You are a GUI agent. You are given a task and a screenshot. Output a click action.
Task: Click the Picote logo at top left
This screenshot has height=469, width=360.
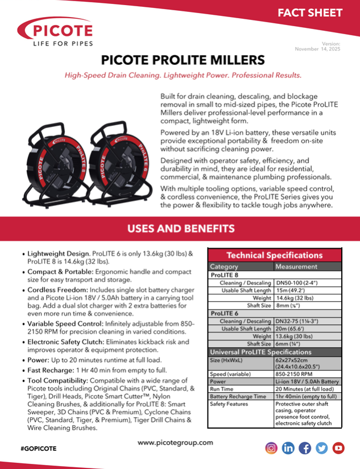coord(55,31)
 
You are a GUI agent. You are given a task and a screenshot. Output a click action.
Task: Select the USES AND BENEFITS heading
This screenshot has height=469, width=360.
coord(180,229)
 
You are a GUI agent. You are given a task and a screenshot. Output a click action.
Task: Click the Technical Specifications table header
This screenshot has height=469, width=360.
coord(275,255)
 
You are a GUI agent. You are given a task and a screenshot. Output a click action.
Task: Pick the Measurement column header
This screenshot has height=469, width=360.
coord(296,266)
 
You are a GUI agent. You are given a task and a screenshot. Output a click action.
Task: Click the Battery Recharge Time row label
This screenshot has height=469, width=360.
coord(238,396)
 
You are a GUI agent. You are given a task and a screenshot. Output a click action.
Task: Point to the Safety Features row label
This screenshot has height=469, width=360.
coord(229,404)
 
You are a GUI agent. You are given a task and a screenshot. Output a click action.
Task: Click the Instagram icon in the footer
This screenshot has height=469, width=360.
coord(272,448)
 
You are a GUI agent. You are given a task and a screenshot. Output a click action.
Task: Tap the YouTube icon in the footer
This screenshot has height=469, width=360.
coord(338,448)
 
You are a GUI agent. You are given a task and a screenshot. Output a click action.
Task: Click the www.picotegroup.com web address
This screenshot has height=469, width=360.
coord(175,442)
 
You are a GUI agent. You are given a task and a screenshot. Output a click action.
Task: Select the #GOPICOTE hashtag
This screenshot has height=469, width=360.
coord(39,449)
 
